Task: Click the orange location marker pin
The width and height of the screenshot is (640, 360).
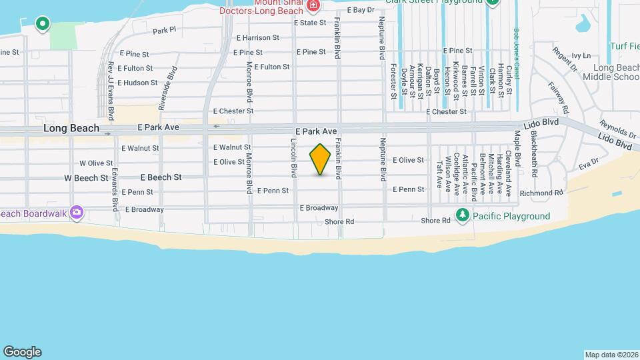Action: (x=321, y=159)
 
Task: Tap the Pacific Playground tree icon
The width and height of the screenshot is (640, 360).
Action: (x=462, y=215)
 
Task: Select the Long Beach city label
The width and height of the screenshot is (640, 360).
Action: (x=71, y=128)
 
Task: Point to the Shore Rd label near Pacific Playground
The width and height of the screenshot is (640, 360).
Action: (x=436, y=221)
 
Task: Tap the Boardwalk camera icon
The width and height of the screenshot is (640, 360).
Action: (x=77, y=213)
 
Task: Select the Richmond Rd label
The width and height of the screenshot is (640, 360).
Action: (x=541, y=193)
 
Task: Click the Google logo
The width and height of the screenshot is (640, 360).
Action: (x=22, y=352)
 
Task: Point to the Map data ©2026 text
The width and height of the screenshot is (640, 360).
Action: (x=611, y=354)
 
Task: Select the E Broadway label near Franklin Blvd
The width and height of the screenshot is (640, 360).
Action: (x=319, y=208)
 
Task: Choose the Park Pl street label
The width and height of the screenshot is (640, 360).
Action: (x=164, y=31)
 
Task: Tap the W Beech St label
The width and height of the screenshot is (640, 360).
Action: (x=86, y=178)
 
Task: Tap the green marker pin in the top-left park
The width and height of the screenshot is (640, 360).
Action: (x=43, y=24)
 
